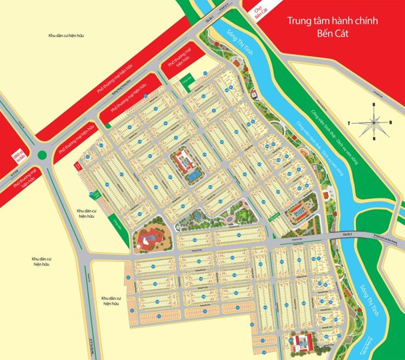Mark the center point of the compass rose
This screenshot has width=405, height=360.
click(x=372, y=122)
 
